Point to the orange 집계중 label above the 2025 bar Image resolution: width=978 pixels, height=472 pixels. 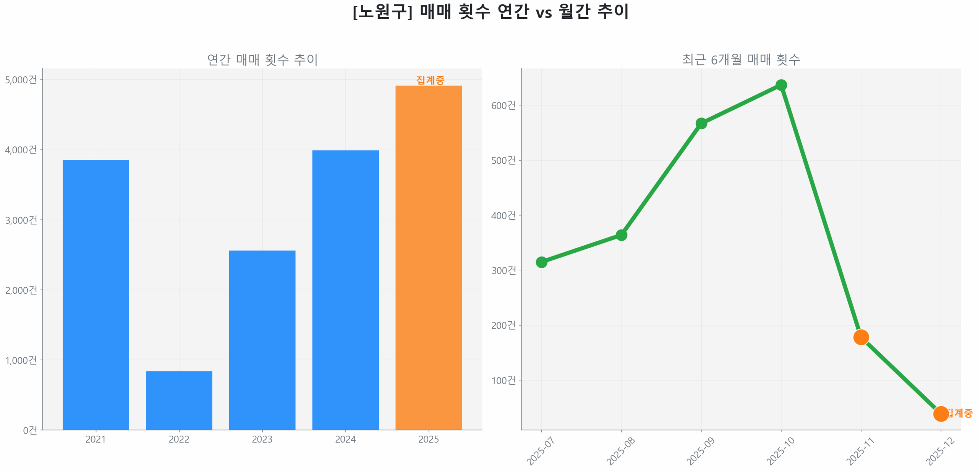pyautogui.click(x=430, y=80)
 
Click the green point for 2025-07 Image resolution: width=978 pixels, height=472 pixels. pyautogui.click(x=541, y=262)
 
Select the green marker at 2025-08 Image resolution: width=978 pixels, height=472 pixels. pyautogui.click(x=621, y=235)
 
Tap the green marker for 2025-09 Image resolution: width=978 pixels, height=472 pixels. pyautogui.click(x=701, y=123)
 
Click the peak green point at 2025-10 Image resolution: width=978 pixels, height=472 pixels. pyautogui.click(x=781, y=85)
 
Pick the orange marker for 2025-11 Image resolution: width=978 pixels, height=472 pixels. pyautogui.click(x=861, y=337)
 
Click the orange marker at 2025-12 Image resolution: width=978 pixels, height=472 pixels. pyautogui.click(x=941, y=413)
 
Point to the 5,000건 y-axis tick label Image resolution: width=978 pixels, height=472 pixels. pyautogui.click(x=21, y=80)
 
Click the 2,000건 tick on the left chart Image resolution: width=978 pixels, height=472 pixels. pyautogui.click(x=21, y=290)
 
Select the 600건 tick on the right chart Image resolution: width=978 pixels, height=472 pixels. pyautogui.click(x=503, y=105)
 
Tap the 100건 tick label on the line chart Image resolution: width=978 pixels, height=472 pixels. pyautogui.click(x=503, y=380)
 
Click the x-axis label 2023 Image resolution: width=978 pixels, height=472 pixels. pyautogui.click(x=262, y=439)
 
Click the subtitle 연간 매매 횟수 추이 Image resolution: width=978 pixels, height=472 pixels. pyautogui.click(x=262, y=59)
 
